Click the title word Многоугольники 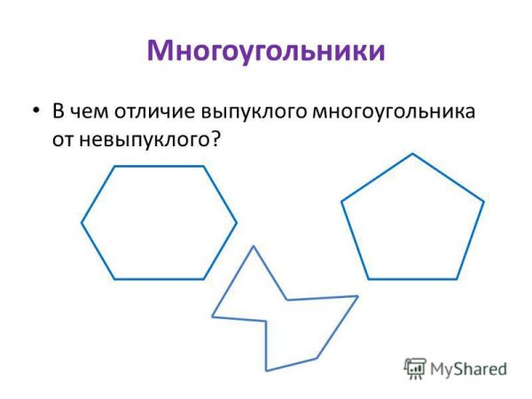point(266,51)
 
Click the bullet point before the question point(35,112)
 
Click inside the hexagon point(159,222)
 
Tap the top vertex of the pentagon point(412,154)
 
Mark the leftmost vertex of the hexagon point(82,223)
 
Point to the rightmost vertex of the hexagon point(236,222)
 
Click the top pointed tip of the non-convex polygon point(254,246)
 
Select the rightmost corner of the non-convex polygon point(357,296)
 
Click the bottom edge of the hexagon point(160,279)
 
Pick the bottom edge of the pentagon point(412,279)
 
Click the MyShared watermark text point(468,368)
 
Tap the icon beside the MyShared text point(414,368)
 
